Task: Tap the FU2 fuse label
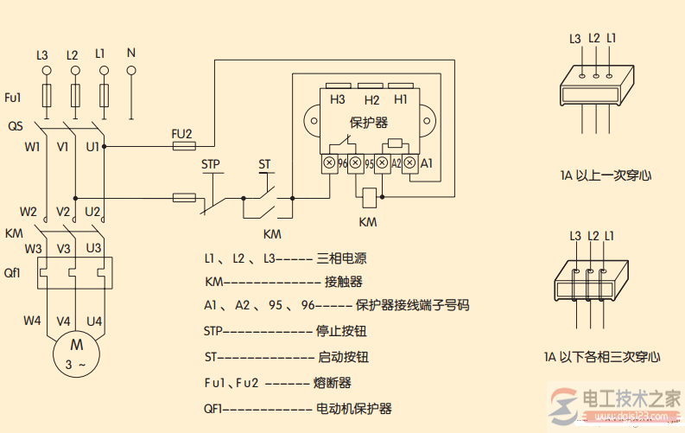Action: pyautogui.click(x=181, y=133)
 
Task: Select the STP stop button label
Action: pyautogui.click(x=211, y=163)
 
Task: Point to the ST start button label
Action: pyautogui.click(x=264, y=163)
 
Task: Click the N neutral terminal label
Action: pyautogui.click(x=130, y=52)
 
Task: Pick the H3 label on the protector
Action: pyautogui.click(x=338, y=100)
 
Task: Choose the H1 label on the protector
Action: pyautogui.click(x=401, y=100)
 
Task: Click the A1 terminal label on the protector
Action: pyautogui.click(x=426, y=162)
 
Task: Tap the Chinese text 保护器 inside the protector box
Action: pyautogui.click(x=369, y=122)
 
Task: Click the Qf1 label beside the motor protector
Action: pyautogui.click(x=12, y=272)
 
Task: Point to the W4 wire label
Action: pyautogui.click(x=32, y=321)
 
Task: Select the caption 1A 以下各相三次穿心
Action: pyautogui.click(x=602, y=355)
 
